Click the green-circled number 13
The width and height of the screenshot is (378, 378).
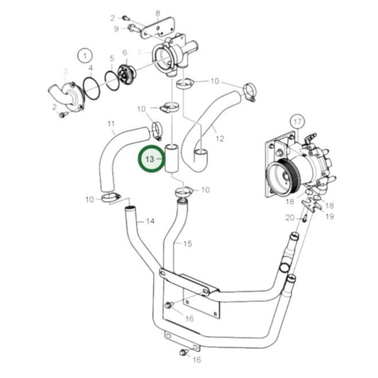150,160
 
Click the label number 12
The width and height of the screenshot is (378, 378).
219,138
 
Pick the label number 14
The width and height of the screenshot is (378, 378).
150,221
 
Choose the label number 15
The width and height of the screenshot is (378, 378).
188,244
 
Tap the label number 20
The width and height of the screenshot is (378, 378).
289,218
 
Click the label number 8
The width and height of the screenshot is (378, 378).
157,13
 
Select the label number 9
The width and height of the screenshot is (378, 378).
116,28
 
